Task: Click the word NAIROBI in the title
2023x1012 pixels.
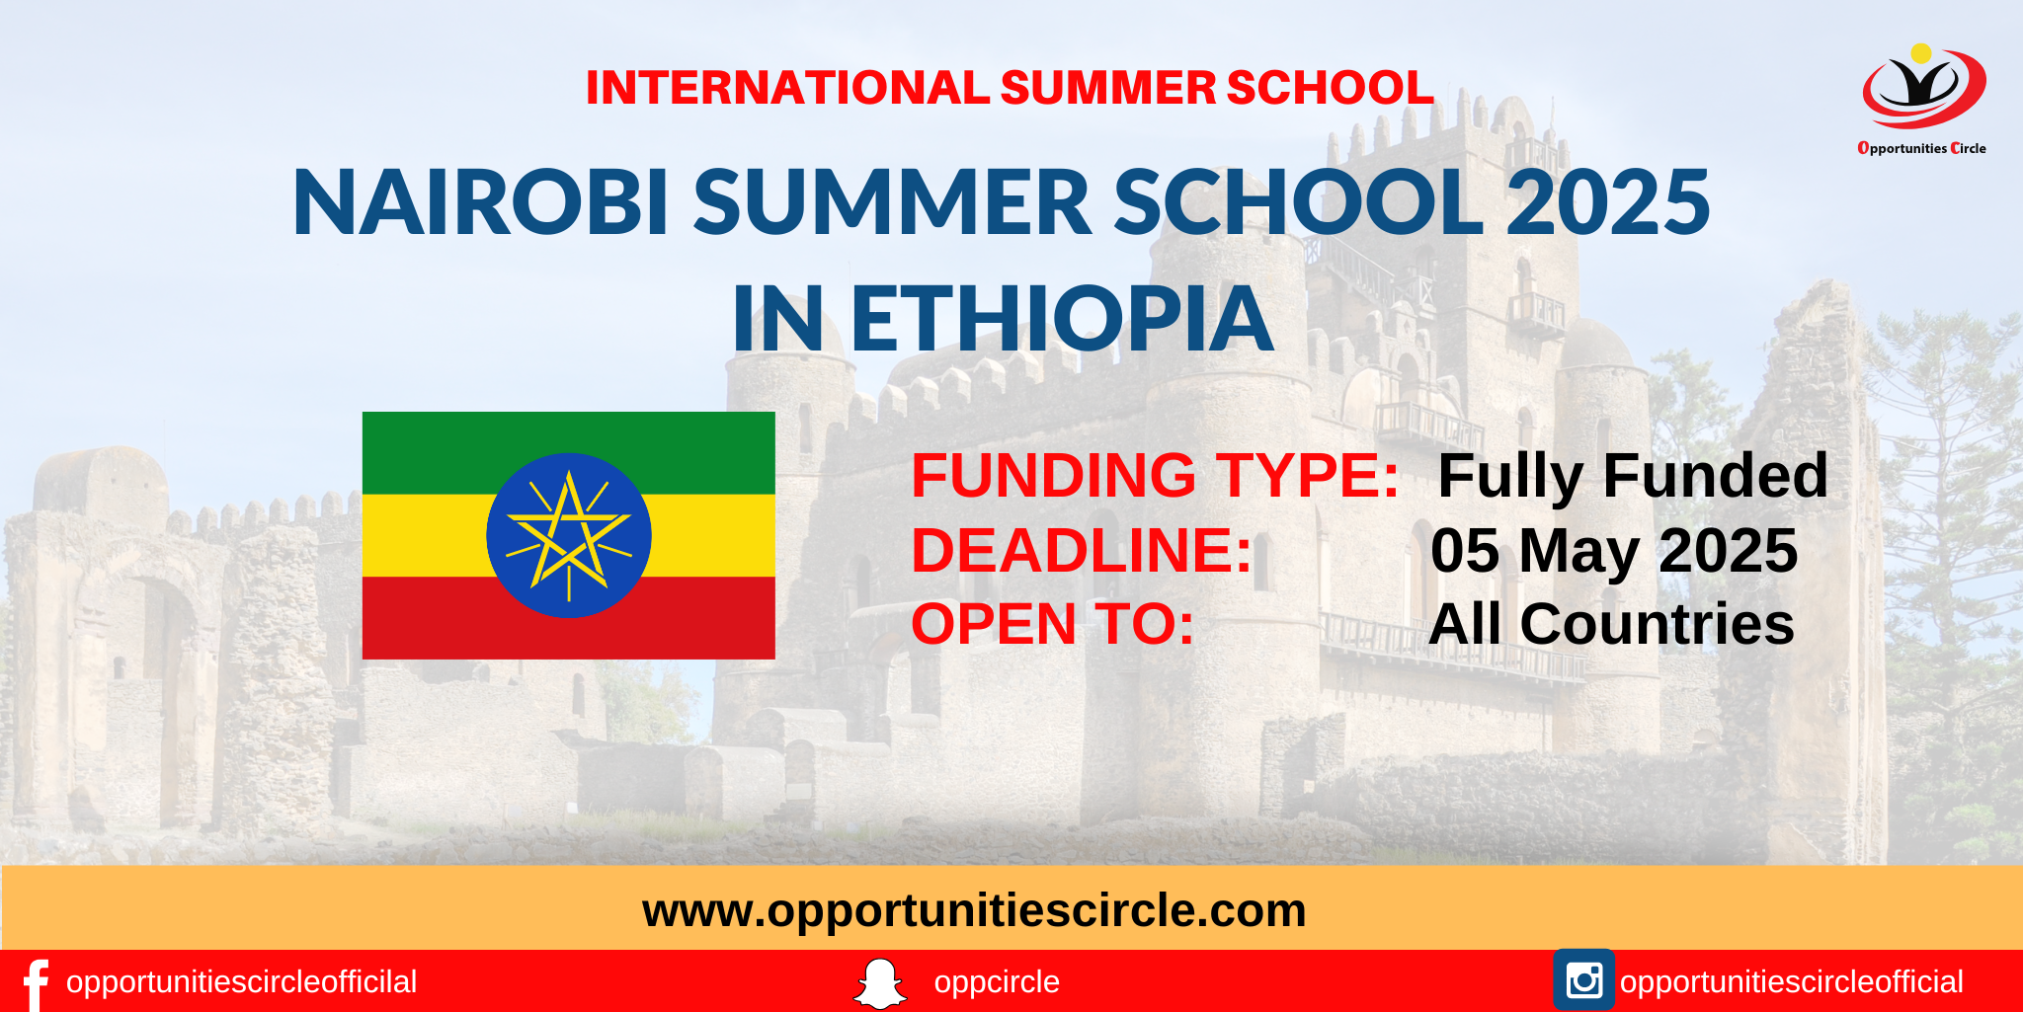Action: tap(481, 203)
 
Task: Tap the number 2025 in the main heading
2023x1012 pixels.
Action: tap(1607, 203)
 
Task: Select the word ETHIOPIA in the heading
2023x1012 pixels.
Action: tap(1061, 319)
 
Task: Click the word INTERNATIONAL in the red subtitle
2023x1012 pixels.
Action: tap(787, 88)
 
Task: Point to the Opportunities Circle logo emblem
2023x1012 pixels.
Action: tap(1923, 88)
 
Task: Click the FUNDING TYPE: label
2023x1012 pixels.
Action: tap(1155, 475)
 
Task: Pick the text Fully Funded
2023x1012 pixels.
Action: tap(1632, 475)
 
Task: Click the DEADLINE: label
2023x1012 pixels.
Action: tap(1082, 550)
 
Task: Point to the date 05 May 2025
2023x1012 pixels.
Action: tap(1614, 550)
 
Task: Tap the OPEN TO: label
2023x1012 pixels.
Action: tap(1052, 624)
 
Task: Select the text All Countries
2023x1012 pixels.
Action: tap(1611, 624)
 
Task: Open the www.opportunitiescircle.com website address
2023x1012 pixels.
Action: tap(974, 910)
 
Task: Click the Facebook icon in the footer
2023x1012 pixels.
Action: tap(36, 983)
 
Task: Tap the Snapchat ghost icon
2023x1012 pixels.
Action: tap(879, 983)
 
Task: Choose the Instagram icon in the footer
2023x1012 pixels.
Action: tap(1583, 980)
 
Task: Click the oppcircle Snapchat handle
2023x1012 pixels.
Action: tap(997, 982)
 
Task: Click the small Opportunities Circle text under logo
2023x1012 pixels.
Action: tap(1921, 148)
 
